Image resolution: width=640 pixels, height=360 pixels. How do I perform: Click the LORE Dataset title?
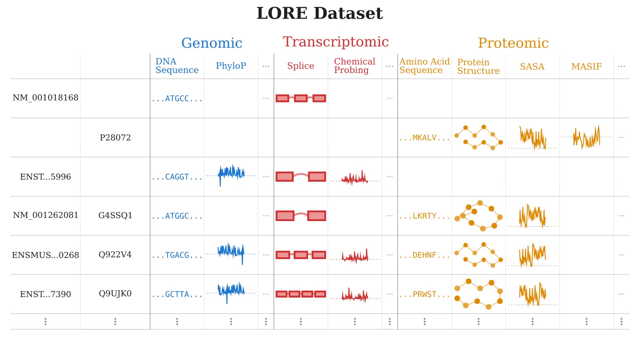click(x=319, y=14)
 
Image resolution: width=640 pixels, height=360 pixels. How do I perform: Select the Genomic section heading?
click(x=212, y=43)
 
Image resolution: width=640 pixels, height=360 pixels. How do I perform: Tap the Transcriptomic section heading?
click(x=336, y=42)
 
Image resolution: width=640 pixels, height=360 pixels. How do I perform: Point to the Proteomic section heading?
click(x=513, y=43)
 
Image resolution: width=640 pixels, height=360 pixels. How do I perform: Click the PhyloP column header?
click(x=231, y=66)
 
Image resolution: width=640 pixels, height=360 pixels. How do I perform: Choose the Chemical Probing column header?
click(x=354, y=66)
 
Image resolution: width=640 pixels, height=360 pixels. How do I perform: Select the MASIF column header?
click(x=586, y=67)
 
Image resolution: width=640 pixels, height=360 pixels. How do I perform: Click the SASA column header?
click(x=532, y=67)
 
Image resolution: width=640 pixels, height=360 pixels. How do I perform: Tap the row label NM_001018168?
click(x=45, y=98)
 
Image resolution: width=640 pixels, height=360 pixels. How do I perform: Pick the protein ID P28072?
click(x=115, y=138)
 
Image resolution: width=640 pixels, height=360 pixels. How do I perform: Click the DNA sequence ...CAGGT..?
click(x=177, y=177)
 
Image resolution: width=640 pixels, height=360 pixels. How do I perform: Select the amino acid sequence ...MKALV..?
click(x=424, y=138)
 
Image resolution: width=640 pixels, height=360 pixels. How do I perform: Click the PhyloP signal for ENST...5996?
click(x=231, y=174)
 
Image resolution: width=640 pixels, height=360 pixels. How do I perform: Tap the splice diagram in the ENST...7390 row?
click(x=301, y=294)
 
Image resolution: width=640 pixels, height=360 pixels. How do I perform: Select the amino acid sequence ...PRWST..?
click(x=424, y=294)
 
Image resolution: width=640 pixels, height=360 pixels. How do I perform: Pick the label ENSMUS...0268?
click(x=45, y=255)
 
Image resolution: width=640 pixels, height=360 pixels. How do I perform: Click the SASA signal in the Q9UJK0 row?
click(x=532, y=294)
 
